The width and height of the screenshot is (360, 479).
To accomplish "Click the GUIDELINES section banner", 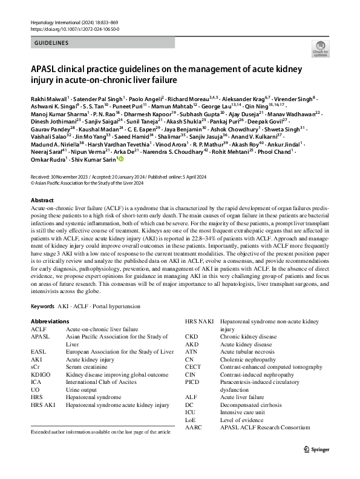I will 51,43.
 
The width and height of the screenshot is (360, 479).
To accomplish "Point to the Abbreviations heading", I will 50,320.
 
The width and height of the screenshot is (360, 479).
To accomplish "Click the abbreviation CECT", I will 192,368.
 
